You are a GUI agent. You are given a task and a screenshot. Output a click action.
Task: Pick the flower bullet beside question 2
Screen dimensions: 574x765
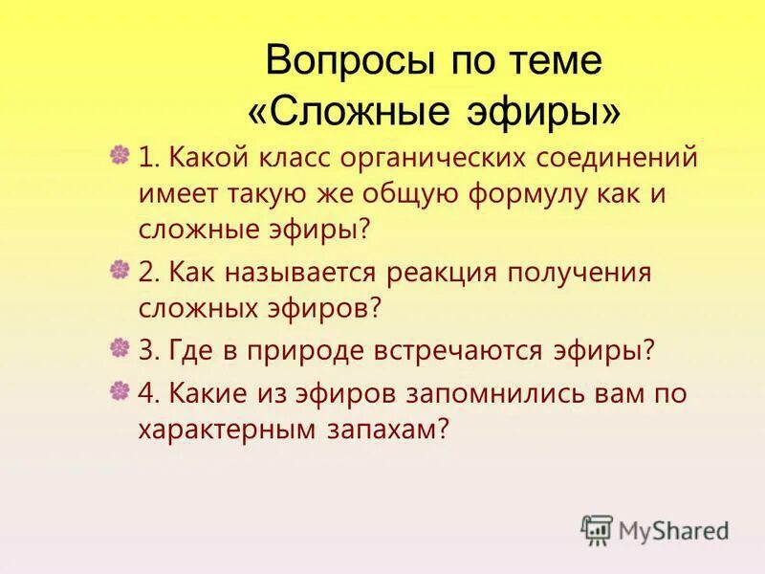click(120, 271)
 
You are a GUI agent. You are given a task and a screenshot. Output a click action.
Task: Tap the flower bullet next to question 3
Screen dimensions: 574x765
click(120, 348)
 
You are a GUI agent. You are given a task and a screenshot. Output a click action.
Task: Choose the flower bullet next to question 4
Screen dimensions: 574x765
click(120, 391)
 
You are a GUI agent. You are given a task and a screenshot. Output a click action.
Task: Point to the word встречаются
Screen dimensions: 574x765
click(462, 350)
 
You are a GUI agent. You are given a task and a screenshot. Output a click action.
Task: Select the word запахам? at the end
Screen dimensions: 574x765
click(402, 431)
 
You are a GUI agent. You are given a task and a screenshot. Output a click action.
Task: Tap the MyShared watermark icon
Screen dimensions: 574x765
click(597, 529)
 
